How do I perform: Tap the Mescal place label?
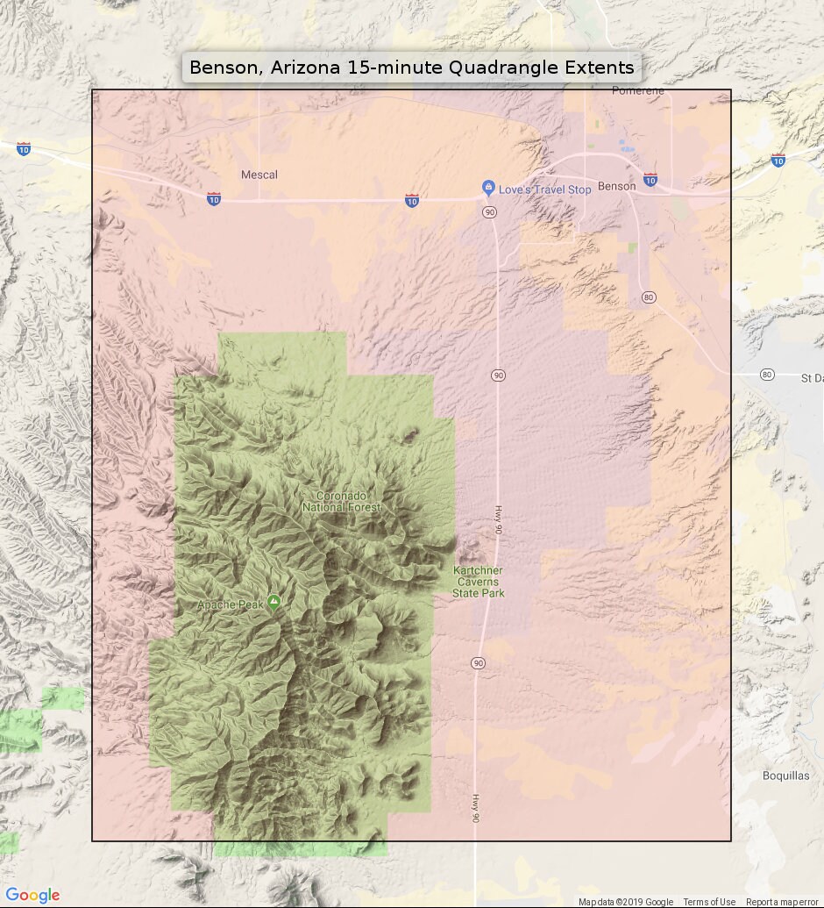259,175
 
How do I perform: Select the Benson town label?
616,186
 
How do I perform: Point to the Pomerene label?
638,90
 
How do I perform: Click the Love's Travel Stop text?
544,189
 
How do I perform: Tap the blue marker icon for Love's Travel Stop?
488,188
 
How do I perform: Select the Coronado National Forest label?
342,502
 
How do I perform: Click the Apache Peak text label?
230,604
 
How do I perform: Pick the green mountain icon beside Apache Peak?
274,602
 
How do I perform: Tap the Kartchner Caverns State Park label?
479,582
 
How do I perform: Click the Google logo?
32,895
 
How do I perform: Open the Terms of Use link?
709,902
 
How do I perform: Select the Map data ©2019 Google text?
626,902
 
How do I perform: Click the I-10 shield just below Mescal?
214,199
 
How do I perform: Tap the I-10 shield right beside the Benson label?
650,180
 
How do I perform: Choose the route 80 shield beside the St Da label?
767,375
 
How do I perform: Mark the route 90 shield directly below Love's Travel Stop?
488,212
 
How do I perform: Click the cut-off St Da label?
812,377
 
